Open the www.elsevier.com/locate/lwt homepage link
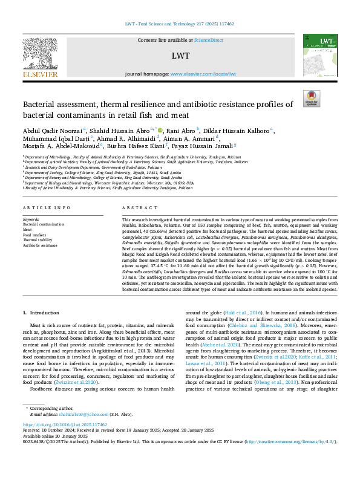tap(203, 74)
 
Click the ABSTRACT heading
tap(136, 207)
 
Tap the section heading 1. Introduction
tap(41, 313)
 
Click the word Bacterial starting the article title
tap(39, 104)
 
